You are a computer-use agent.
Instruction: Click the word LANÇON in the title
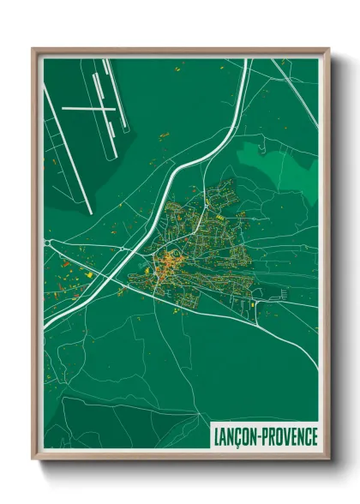click(x=236, y=436)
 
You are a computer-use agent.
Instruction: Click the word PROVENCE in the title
click(x=290, y=436)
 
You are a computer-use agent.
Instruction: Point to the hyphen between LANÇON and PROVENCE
click(x=261, y=437)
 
